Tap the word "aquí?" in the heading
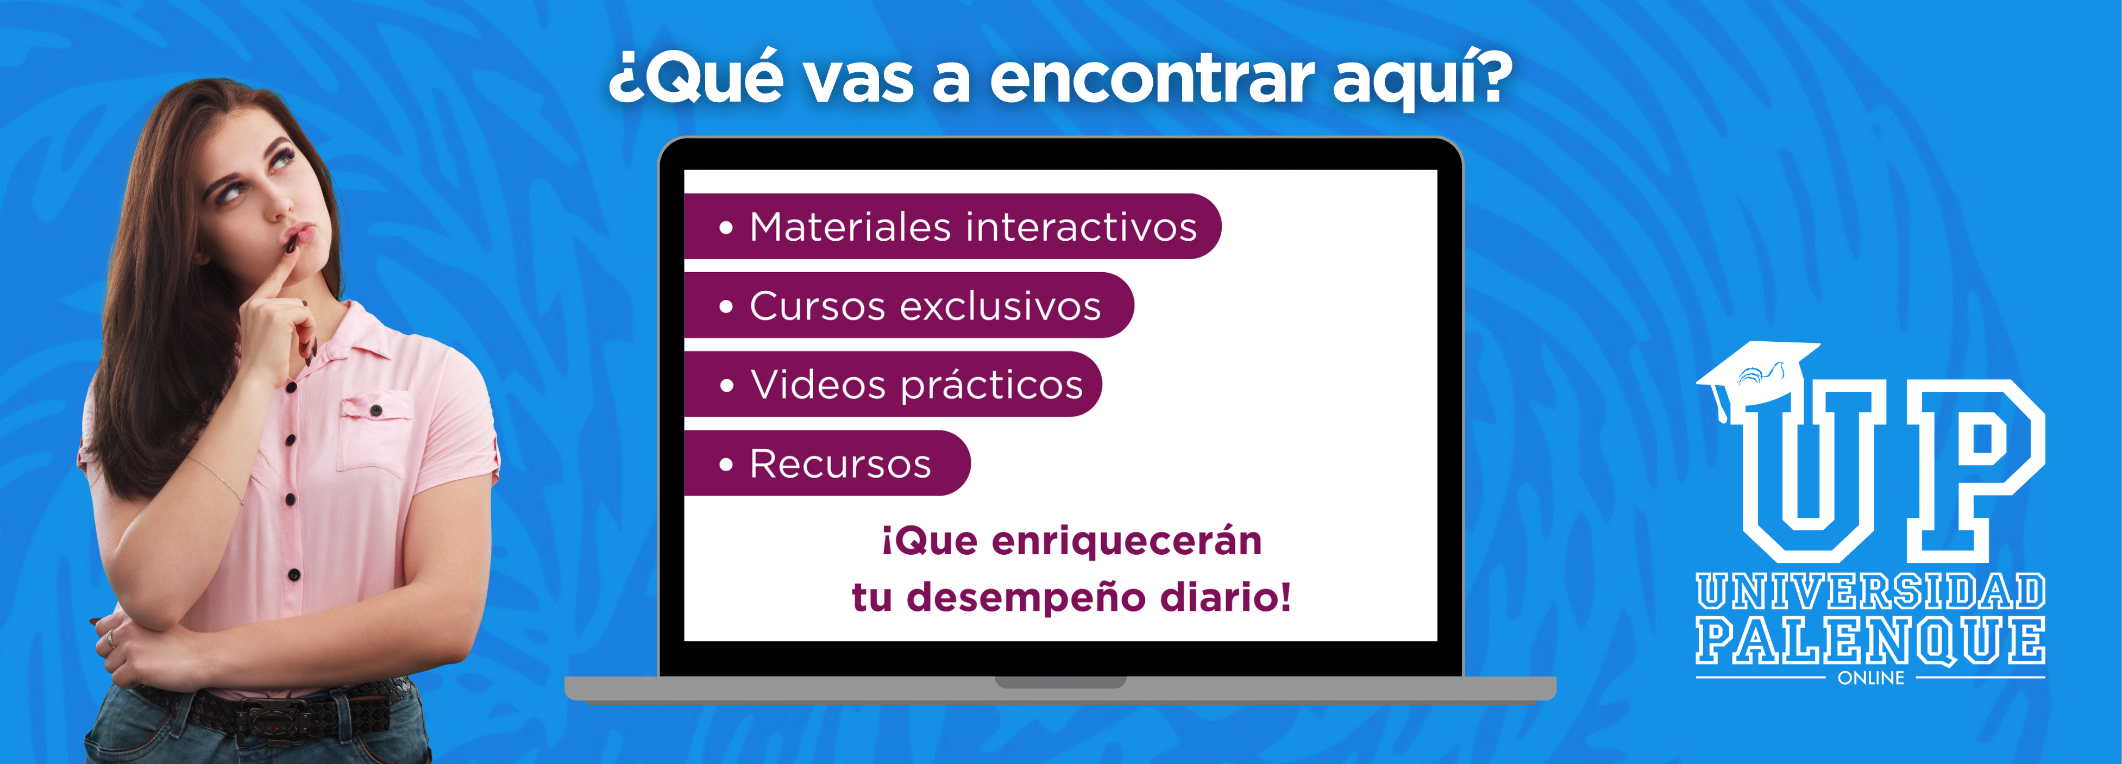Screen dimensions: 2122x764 click(x=1423, y=79)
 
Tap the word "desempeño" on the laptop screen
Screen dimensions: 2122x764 click(x=1026, y=598)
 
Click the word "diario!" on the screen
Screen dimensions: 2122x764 click(x=1226, y=597)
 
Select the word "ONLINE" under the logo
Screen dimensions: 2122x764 click(x=1871, y=678)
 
